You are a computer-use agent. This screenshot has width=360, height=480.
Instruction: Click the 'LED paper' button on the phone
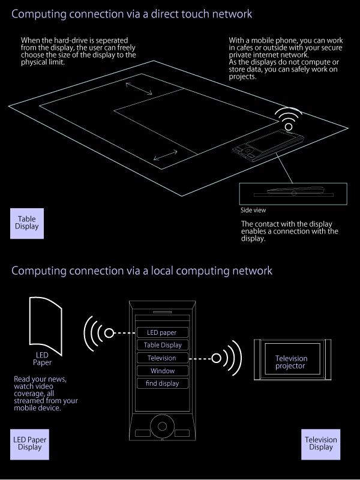162,332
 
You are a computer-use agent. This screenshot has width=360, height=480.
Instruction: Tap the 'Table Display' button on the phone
162,345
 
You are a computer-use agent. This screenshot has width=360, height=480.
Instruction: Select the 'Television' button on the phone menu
162,358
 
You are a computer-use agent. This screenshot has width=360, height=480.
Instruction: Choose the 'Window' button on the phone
162,371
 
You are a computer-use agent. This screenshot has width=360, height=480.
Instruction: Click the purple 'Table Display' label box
28,223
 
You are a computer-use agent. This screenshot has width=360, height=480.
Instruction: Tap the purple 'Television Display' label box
321,443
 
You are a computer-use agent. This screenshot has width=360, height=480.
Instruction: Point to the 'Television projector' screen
290,362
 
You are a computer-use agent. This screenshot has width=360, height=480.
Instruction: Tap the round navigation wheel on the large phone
162,427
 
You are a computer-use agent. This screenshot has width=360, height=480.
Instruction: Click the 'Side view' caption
253,211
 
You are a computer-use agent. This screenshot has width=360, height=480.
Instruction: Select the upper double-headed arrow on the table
139,89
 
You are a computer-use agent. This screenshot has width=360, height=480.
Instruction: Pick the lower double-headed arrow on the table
165,155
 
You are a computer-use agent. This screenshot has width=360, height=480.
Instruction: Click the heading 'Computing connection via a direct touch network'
131,13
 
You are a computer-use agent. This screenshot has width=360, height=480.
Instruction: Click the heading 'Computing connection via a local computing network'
142,271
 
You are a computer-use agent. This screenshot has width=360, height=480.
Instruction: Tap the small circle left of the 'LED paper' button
109,333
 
